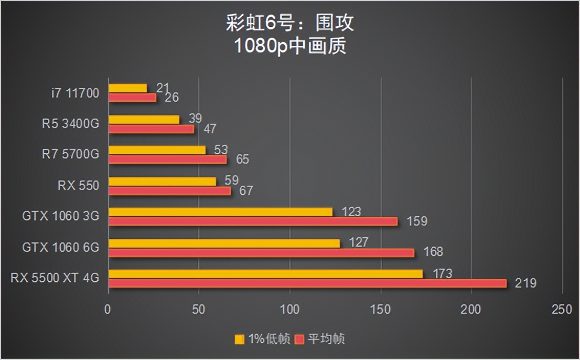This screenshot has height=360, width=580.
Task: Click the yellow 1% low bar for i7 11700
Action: (127, 88)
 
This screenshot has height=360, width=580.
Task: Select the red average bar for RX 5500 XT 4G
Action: (307, 283)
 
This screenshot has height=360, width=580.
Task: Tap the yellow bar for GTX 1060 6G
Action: (224, 243)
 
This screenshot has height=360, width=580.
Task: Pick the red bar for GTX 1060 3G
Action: (253, 221)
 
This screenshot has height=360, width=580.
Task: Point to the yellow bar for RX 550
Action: (162, 182)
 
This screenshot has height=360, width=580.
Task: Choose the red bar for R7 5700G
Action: (167, 160)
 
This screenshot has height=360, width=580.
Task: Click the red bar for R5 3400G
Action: (151, 129)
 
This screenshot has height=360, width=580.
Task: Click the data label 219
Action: (525, 283)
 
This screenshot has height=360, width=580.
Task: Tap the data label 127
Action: (358, 242)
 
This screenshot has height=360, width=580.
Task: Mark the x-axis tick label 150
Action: (380, 310)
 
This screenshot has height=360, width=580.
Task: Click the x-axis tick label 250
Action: (562, 310)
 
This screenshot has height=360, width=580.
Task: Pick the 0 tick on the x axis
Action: (108, 310)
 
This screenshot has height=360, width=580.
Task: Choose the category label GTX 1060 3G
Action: (61, 216)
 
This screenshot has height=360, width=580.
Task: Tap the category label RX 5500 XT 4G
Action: (55, 278)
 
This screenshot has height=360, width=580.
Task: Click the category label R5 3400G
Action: (71, 124)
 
